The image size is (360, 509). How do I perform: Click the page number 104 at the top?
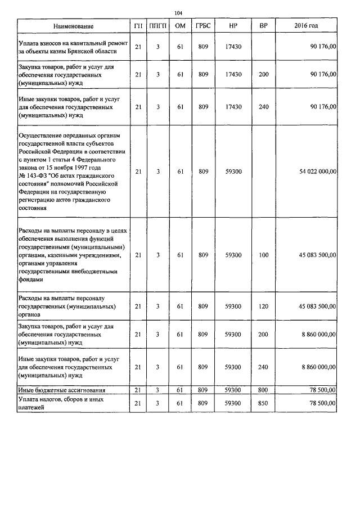click(x=179, y=13)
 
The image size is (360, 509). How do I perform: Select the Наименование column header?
click(x=74, y=26)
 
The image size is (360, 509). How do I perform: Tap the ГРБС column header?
click(x=203, y=26)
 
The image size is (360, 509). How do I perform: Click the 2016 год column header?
click(x=306, y=26)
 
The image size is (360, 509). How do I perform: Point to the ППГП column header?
click(x=159, y=26)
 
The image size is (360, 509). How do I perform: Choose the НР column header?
click(x=233, y=26)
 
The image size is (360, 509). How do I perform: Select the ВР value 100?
click(x=263, y=255)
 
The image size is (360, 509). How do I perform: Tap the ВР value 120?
click(x=263, y=307)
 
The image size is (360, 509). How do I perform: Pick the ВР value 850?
click(x=263, y=403)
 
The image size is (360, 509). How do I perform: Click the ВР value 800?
click(x=263, y=390)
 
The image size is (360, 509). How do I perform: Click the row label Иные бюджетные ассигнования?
click(x=63, y=390)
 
